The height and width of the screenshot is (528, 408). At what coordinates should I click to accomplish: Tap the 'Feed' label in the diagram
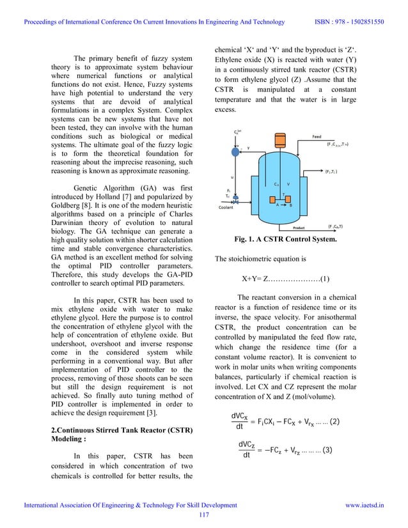316,136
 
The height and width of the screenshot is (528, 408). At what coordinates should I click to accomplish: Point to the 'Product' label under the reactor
299,227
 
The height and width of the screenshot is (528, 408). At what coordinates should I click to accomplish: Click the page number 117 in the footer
204,515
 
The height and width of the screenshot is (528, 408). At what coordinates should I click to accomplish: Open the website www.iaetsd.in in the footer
365,505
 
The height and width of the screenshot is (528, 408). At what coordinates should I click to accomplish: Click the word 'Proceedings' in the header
43,22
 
